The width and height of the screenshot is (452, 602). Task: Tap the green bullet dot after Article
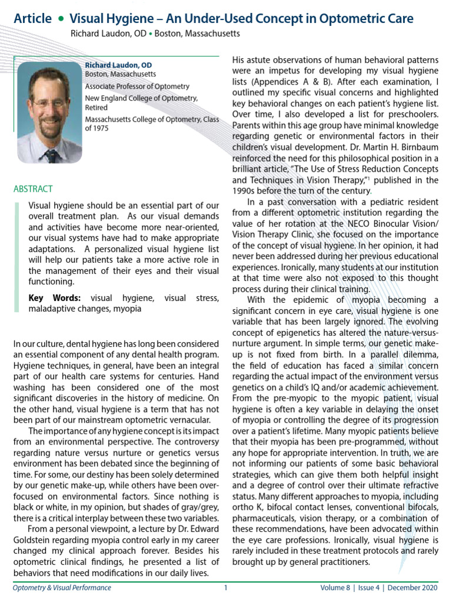click(x=61, y=19)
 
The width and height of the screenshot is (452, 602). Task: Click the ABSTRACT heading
click(x=33, y=189)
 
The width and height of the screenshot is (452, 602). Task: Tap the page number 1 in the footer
click(x=225, y=587)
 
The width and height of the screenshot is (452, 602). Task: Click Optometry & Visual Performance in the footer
click(x=62, y=587)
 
